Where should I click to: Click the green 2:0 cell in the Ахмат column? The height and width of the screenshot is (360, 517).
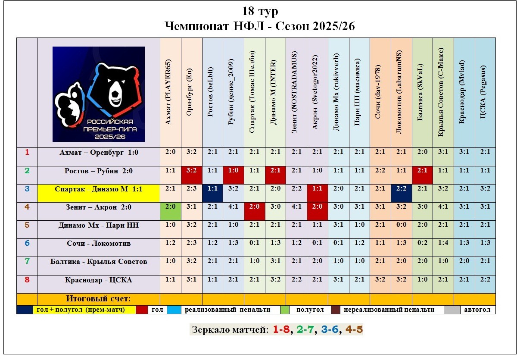tap(170, 207)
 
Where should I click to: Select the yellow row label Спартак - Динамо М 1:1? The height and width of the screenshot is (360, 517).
tap(99, 189)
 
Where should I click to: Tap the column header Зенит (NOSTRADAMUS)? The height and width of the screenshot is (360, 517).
tap(296, 92)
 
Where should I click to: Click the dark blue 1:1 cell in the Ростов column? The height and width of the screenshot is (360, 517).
tap(212, 189)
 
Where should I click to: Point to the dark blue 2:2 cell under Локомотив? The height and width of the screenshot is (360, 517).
tap(402, 189)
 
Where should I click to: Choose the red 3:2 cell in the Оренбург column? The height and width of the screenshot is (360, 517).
tap(192, 171)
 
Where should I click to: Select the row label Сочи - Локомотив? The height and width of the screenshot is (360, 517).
tap(99, 244)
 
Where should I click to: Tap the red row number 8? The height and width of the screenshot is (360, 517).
tap(27, 280)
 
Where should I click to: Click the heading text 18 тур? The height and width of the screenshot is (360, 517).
tap(260, 12)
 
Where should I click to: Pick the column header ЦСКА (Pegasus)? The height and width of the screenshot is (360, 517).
tap(485, 92)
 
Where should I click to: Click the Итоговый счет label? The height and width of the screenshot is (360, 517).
tap(99, 299)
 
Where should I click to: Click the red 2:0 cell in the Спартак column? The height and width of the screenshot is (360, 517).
tap(255, 207)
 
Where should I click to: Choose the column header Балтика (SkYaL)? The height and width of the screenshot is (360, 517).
tap(422, 92)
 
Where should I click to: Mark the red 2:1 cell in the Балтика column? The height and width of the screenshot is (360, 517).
tap(422, 171)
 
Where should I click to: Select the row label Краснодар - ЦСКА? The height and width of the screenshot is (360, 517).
tap(99, 280)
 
